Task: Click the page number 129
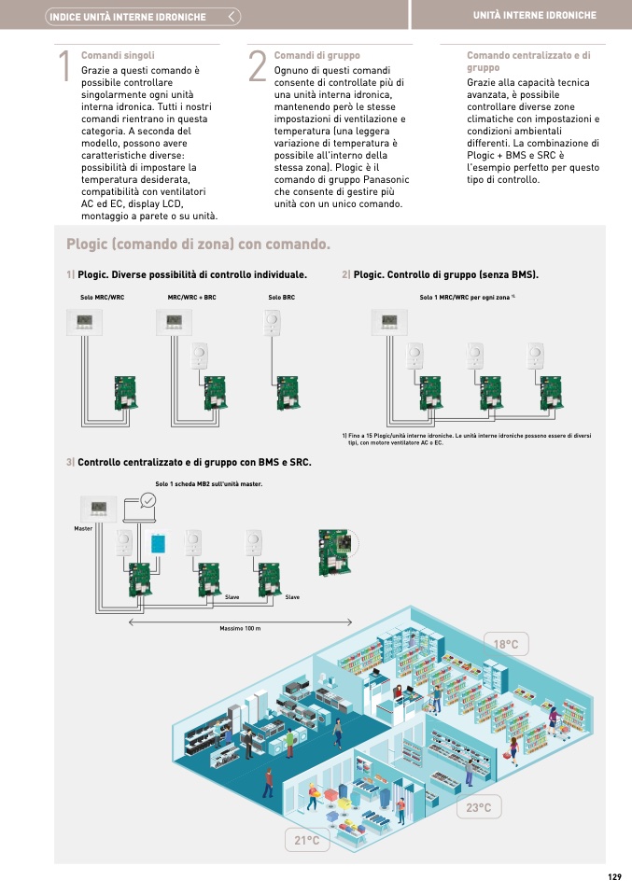(x=613, y=876)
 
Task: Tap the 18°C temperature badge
(x=506, y=645)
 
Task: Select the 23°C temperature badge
(x=479, y=807)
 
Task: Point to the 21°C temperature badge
(x=307, y=841)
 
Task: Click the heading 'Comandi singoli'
(x=118, y=56)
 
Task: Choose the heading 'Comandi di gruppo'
(x=316, y=56)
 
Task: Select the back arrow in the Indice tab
(x=232, y=17)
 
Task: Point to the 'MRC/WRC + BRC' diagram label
(x=191, y=297)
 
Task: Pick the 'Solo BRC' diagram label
(x=281, y=297)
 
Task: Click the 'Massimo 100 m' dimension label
(x=240, y=629)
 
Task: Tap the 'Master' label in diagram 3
(x=83, y=529)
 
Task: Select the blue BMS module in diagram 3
(x=157, y=542)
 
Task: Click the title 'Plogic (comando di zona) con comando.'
(x=198, y=244)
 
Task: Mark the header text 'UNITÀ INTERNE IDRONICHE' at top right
(x=534, y=16)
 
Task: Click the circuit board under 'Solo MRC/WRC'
(x=125, y=392)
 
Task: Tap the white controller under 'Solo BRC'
(x=273, y=322)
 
